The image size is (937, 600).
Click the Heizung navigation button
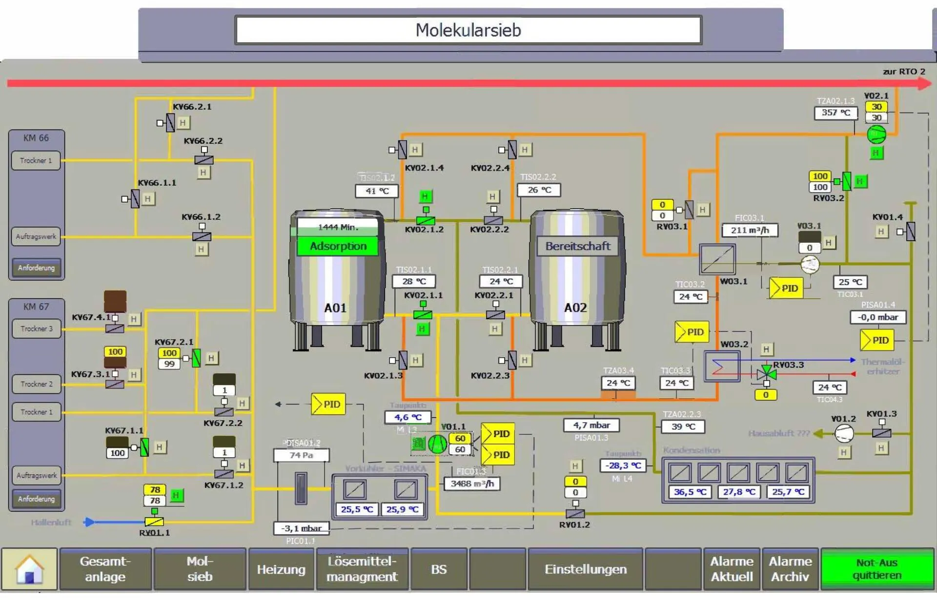pos(281,569)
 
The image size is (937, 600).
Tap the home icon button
pos(29,569)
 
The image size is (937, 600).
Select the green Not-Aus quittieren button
pos(877,569)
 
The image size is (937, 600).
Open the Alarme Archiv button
pos(790,569)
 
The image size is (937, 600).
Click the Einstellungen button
pos(585,569)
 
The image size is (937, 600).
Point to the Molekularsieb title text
pos(468,30)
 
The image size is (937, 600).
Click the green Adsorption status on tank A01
pos(338,246)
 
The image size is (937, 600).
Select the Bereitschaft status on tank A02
pos(577,246)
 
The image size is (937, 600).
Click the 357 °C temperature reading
pos(835,113)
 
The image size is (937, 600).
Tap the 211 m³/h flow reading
pos(750,230)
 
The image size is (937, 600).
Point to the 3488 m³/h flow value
pos(472,484)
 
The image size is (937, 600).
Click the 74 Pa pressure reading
pos(301,455)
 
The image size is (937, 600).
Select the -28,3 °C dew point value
pos(623,465)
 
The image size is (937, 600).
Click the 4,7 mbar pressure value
pos(591,425)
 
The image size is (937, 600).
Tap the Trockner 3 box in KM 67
pos(37,329)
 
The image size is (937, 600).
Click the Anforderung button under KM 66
pos(37,268)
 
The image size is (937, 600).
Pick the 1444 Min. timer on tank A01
pos(338,227)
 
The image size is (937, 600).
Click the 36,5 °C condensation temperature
pos(690,492)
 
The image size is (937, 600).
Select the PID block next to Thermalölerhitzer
pos(877,340)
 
